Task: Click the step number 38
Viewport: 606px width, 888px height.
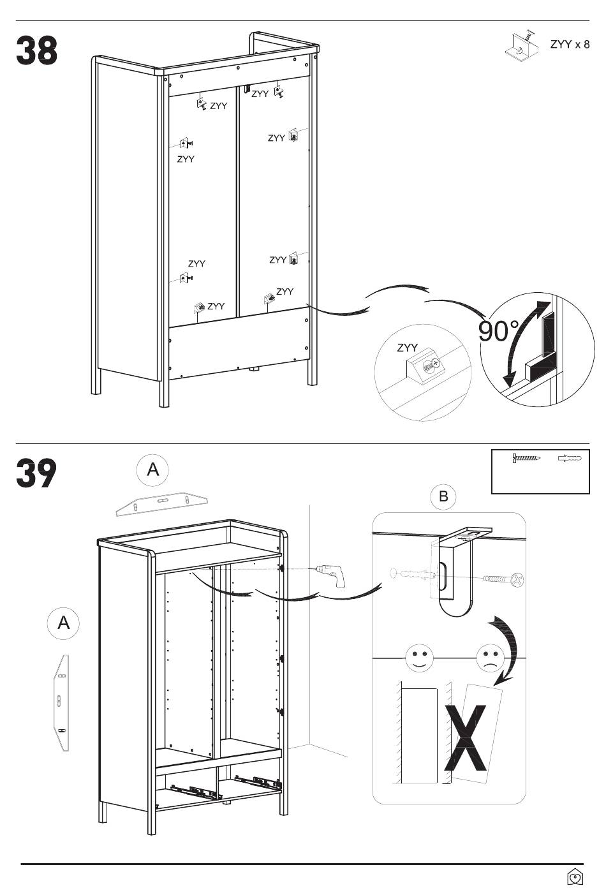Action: (x=37, y=50)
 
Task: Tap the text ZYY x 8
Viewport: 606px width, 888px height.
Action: (x=570, y=45)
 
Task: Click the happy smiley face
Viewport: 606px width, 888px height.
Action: (x=419, y=658)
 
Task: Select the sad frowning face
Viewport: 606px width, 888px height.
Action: (x=491, y=658)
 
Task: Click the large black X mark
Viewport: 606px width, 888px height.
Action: (x=465, y=737)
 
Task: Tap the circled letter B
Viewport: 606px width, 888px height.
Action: (x=443, y=496)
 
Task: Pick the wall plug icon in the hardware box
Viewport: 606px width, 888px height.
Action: (x=570, y=458)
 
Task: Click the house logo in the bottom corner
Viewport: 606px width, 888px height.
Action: (x=575, y=877)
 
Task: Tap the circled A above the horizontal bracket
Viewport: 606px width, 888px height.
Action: (x=152, y=470)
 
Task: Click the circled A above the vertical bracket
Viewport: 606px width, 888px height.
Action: (x=63, y=623)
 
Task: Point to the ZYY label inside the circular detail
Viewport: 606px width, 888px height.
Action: (x=408, y=348)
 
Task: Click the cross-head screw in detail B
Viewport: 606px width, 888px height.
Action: (x=503, y=580)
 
